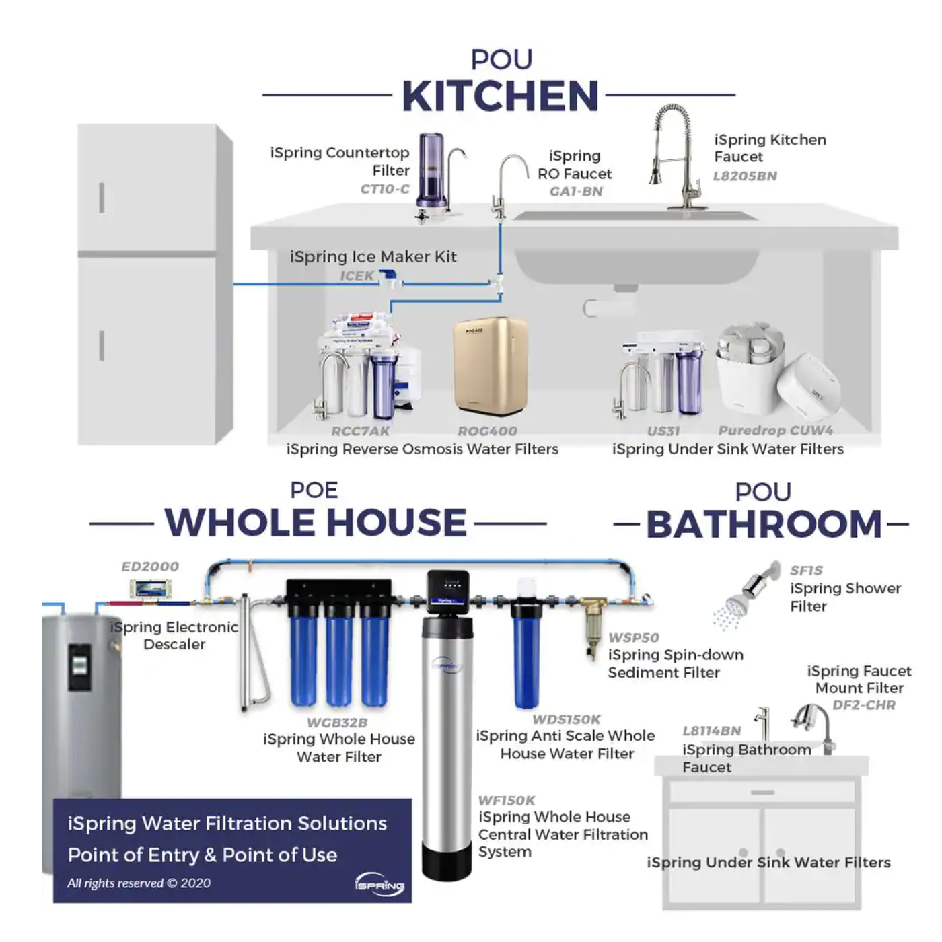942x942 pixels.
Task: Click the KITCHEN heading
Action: click(x=500, y=96)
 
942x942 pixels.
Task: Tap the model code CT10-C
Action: click(x=385, y=189)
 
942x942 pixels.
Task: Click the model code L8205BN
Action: click(x=744, y=176)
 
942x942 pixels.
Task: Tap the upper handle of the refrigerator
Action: click(x=102, y=198)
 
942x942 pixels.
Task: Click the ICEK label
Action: click(x=357, y=276)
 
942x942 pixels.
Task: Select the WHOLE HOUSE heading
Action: click(x=316, y=523)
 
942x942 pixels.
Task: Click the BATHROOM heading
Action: click(x=764, y=524)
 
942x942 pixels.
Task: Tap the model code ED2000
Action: click(x=150, y=567)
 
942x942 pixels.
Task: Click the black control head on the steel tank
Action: click(x=447, y=591)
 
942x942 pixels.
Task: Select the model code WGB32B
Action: click(x=337, y=723)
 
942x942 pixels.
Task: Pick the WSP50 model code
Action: click(x=634, y=637)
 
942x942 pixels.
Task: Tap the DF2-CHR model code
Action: click(x=864, y=705)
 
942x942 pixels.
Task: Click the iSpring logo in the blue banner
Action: click(x=379, y=884)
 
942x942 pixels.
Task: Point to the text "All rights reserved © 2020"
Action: click(x=139, y=883)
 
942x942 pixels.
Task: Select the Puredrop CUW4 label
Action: click(x=775, y=431)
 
